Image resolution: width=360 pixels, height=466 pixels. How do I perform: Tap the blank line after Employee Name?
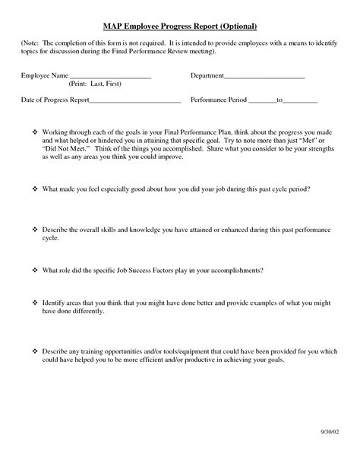[x=111, y=78]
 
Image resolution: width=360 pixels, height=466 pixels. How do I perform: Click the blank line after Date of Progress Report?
[x=135, y=100]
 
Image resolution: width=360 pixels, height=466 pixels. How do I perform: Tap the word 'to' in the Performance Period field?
[x=279, y=100]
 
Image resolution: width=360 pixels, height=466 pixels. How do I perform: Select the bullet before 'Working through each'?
[x=35, y=132]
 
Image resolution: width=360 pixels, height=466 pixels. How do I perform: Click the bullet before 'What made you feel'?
[x=35, y=187]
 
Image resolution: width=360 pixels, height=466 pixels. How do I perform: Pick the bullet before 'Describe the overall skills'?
[x=35, y=228]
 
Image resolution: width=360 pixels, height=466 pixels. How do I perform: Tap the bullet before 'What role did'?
[x=35, y=270]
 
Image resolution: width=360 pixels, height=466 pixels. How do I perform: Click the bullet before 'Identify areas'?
[x=35, y=302]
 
